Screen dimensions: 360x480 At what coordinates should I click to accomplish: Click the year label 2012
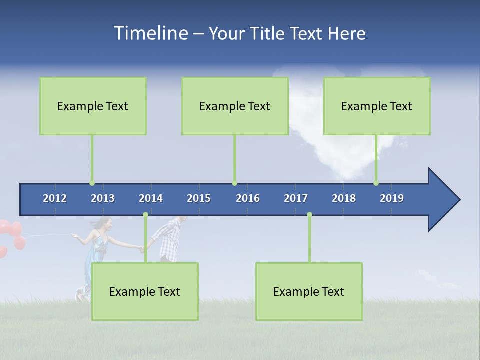[55, 198]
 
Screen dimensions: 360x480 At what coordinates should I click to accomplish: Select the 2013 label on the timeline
[103, 198]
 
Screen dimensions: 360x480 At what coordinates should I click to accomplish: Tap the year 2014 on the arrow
[151, 198]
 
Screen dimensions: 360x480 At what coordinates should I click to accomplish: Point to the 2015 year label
[199, 198]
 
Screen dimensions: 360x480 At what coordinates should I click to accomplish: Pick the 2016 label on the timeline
[248, 198]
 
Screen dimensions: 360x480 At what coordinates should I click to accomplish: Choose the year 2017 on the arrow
[296, 198]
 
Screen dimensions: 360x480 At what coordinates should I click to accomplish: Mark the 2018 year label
[344, 198]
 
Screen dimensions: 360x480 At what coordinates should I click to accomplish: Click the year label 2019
[392, 198]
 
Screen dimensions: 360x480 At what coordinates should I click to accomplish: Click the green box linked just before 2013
[93, 106]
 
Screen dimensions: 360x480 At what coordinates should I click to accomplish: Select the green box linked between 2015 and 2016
[235, 106]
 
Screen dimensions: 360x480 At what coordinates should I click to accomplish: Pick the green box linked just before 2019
[377, 106]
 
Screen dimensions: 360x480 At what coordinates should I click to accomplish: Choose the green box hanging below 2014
[145, 291]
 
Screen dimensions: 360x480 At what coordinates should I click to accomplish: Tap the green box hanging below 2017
[309, 291]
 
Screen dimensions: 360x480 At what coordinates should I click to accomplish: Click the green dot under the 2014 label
[145, 215]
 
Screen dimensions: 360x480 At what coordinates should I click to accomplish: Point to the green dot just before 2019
[376, 183]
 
